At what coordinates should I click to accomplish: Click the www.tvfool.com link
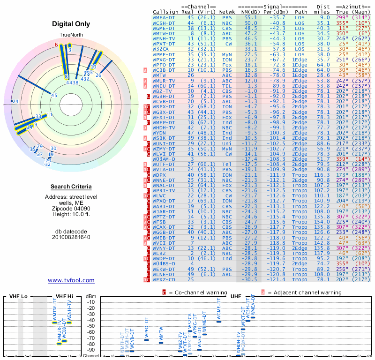pyautogui.click(x=71, y=280)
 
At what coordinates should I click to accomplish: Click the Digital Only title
pyautogui.click(x=70, y=24)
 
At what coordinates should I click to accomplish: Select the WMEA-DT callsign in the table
pyautogui.click(x=164, y=17)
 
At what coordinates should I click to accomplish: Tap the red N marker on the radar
pyautogui.click(x=57, y=45)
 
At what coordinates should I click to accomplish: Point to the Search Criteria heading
pyautogui.click(x=70, y=187)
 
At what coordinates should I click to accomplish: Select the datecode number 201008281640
pyautogui.click(x=70, y=237)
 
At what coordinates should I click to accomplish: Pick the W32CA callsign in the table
pyautogui.click(x=161, y=49)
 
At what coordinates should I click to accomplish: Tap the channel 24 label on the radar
pyautogui.click(x=15, y=101)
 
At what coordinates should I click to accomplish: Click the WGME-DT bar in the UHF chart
pyautogui.click(x=219, y=321)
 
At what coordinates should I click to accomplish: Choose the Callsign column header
pyautogui.click(x=165, y=12)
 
